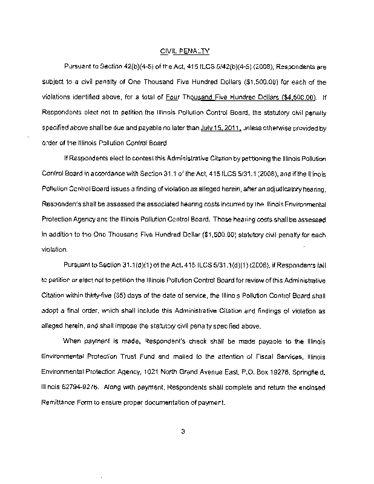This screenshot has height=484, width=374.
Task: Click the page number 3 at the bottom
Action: [182, 431]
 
